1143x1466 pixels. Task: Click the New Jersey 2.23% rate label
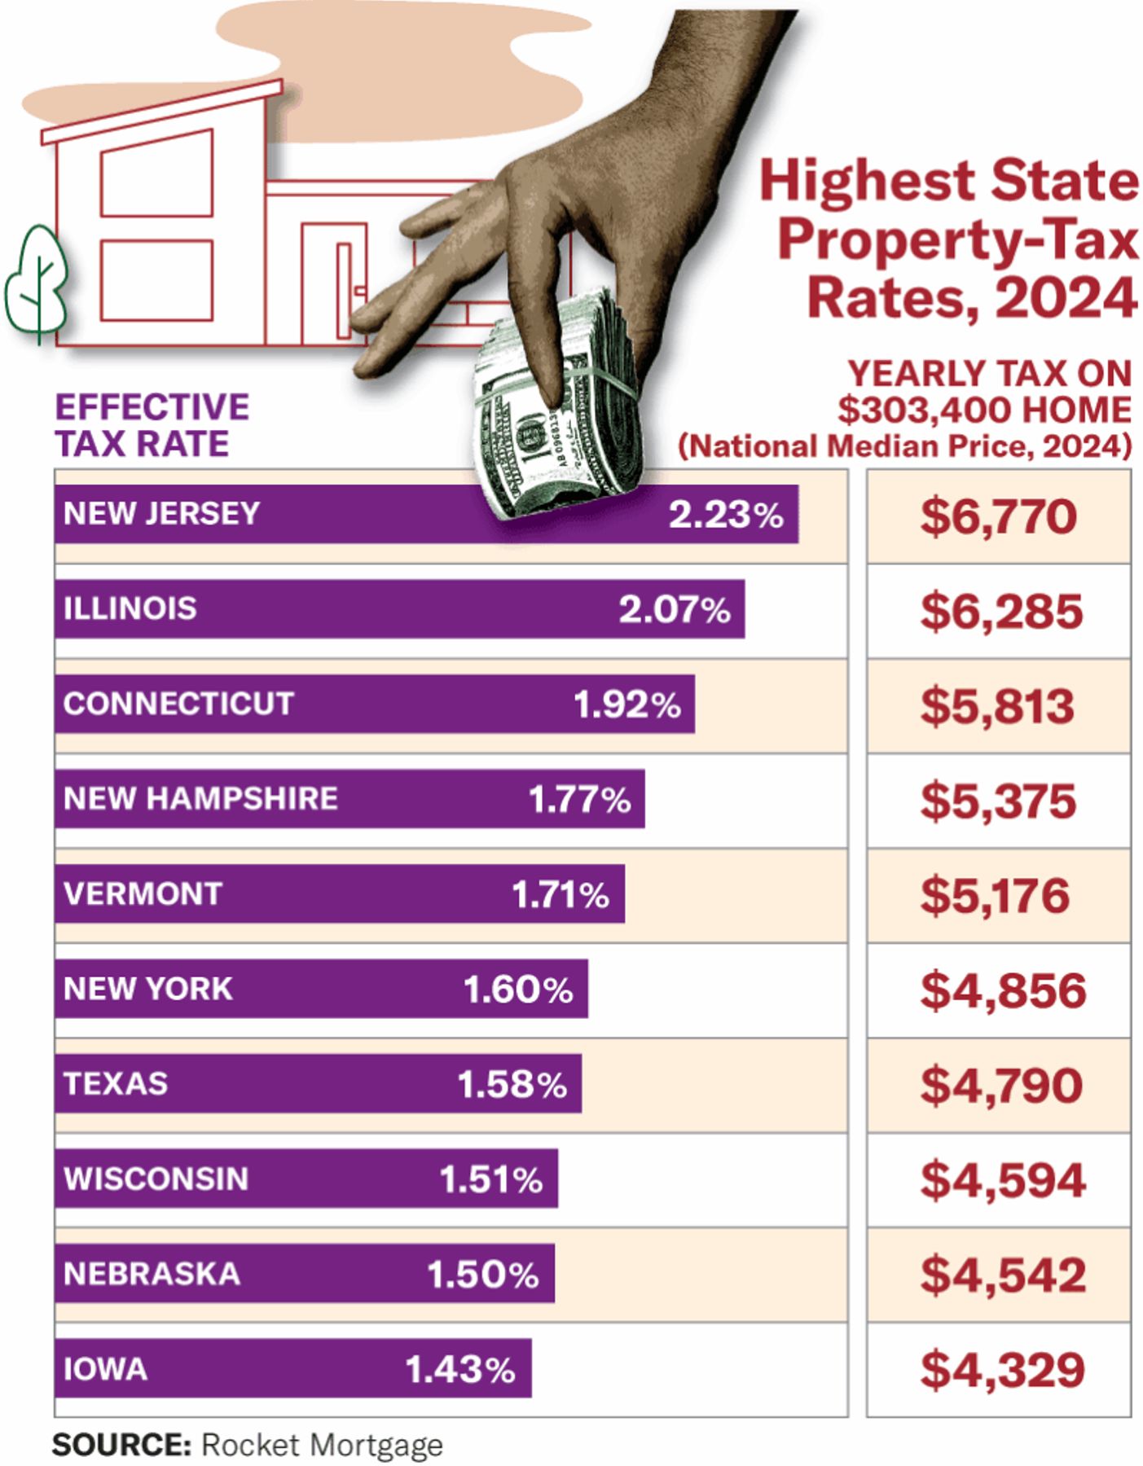pyautogui.click(x=726, y=515)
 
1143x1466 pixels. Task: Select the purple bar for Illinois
pyautogui.click(x=399, y=609)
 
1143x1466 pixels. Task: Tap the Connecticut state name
pyautogui.click(x=178, y=704)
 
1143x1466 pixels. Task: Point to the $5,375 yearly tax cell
pyautogui.click(x=999, y=801)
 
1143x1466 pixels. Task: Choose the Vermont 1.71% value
pyautogui.click(x=561, y=894)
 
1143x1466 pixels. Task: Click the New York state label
pyautogui.click(x=148, y=989)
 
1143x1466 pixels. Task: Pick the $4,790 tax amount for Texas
pyautogui.click(x=1001, y=1086)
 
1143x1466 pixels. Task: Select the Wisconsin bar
pyautogui.click(x=306, y=1179)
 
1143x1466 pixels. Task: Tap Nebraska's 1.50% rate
pyautogui.click(x=483, y=1275)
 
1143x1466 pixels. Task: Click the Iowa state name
pyautogui.click(x=105, y=1369)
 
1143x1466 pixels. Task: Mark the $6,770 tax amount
pyautogui.click(x=999, y=517)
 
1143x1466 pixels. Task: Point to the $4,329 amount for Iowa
pyautogui.click(x=1003, y=1370)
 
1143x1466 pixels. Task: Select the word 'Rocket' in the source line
pyautogui.click(x=252, y=1444)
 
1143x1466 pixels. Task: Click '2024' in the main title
pyautogui.click(x=1065, y=298)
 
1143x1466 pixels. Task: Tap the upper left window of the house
pyautogui.click(x=157, y=173)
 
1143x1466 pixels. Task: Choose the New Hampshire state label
pyautogui.click(x=200, y=799)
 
